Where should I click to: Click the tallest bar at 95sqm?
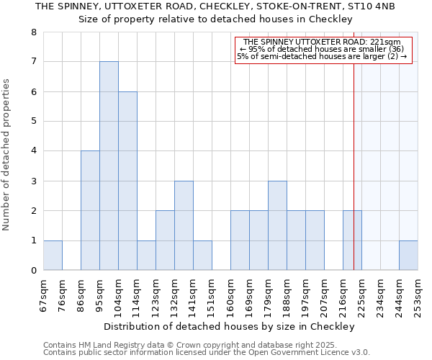click(x=109, y=166)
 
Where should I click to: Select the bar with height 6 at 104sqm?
click(x=127, y=181)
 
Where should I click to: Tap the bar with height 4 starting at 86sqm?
click(x=90, y=210)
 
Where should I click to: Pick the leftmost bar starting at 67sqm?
click(x=53, y=256)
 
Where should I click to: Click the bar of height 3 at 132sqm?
click(x=184, y=225)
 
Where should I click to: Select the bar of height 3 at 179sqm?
click(x=277, y=225)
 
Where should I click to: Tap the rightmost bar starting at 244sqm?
click(x=408, y=256)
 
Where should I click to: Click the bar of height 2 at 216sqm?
click(x=352, y=240)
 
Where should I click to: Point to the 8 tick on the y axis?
click(x=33, y=32)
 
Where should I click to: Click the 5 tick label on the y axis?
click(x=33, y=122)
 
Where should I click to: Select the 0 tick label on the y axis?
click(x=33, y=271)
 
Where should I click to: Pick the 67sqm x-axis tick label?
click(x=44, y=294)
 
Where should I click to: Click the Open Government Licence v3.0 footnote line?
click(x=207, y=353)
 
